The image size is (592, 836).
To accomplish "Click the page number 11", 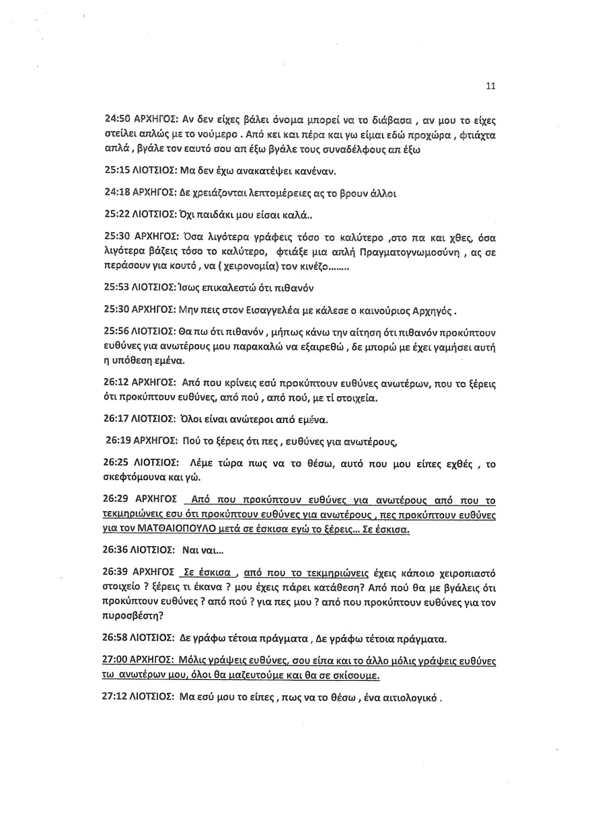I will [490, 85].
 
